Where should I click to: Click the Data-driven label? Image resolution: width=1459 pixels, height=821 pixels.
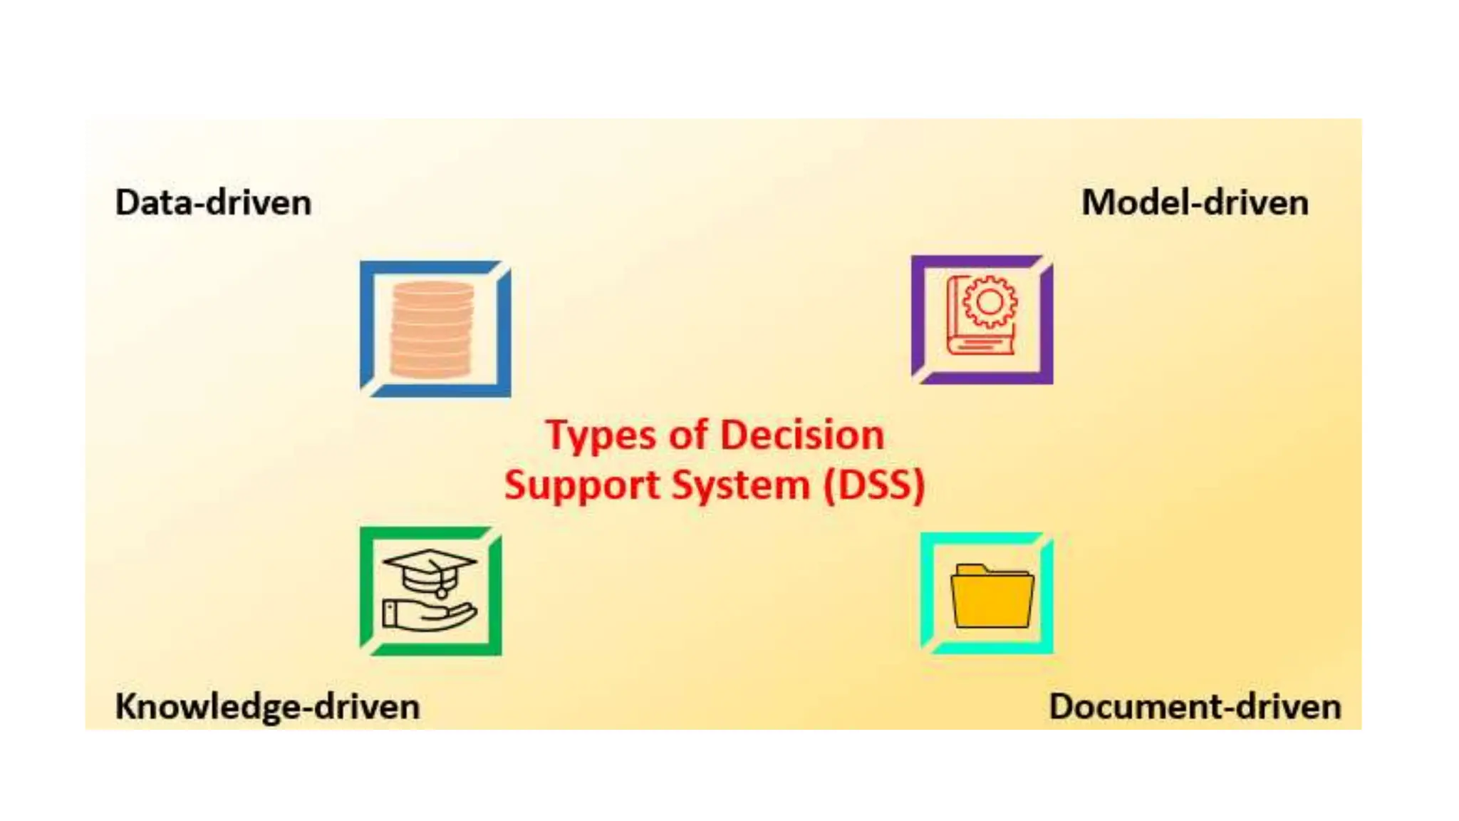tap(213, 203)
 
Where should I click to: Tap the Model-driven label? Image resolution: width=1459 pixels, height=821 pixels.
tap(1195, 203)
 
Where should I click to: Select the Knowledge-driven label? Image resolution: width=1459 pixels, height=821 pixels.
tap(267, 707)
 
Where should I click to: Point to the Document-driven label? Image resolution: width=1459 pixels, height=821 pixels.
tap(1195, 707)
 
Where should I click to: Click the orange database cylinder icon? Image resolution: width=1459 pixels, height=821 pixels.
tap(432, 329)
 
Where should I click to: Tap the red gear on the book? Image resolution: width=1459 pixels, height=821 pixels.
tap(990, 301)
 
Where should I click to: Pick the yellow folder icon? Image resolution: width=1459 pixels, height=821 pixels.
tap(992, 597)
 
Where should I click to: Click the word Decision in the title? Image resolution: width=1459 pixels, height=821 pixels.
tap(802, 435)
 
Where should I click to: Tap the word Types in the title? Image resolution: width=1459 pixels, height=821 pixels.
tap(600, 435)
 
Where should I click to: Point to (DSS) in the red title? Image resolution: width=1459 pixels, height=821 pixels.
tap(873, 486)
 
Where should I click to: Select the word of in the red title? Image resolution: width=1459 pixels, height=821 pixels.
tap(688, 435)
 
